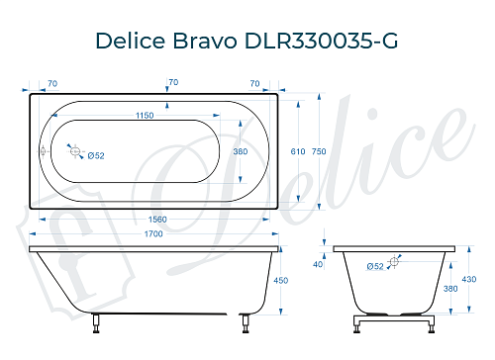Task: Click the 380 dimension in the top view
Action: (x=239, y=151)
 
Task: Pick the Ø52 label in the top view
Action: (x=96, y=155)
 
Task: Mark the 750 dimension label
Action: (x=318, y=151)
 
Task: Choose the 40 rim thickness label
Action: (x=318, y=264)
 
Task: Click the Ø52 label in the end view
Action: (x=375, y=267)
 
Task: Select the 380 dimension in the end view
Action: (x=450, y=290)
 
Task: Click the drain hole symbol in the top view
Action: (x=72, y=150)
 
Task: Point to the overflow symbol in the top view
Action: (x=43, y=151)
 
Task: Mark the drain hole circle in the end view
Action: (x=394, y=261)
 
